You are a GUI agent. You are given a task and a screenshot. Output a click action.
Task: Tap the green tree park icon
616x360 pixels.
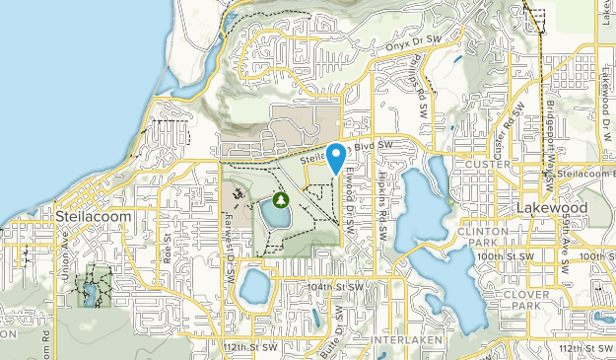coord(280,200)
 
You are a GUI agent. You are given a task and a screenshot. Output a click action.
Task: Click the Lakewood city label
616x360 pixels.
coord(552,209)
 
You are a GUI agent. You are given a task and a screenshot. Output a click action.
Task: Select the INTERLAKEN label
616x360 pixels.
coord(401,339)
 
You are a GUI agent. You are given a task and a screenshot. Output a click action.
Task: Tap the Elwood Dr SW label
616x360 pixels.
coord(350,197)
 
